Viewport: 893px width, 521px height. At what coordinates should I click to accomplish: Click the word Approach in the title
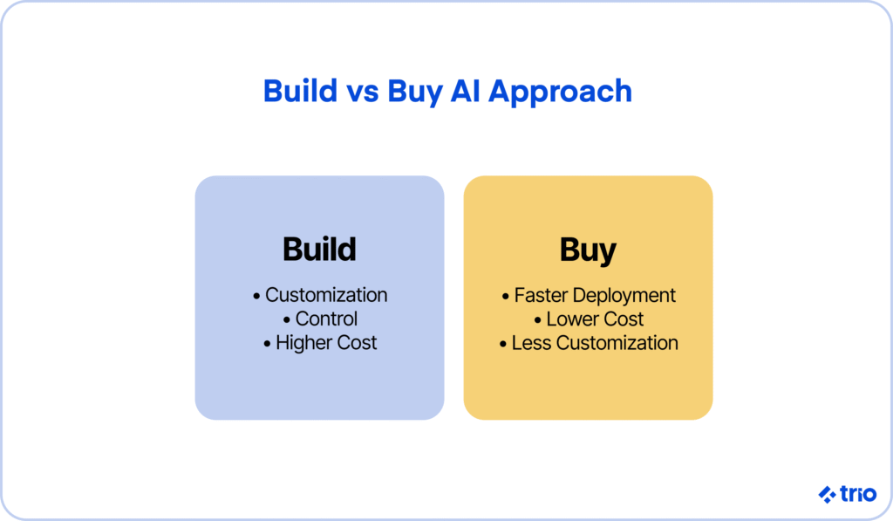click(560, 93)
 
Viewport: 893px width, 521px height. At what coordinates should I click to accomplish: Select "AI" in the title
click(466, 91)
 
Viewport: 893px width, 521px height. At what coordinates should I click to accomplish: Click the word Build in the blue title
click(300, 91)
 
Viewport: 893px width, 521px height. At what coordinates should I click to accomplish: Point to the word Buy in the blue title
click(414, 93)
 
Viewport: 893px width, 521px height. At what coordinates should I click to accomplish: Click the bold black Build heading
click(319, 249)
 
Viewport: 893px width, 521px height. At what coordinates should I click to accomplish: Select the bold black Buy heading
click(588, 250)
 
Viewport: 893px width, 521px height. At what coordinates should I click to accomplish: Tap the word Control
click(326, 319)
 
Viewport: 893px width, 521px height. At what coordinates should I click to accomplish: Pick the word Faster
click(541, 295)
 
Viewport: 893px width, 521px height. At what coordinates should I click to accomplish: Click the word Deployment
click(624, 296)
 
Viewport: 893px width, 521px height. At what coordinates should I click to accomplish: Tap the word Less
click(531, 343)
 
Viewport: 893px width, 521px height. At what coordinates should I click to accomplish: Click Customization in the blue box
click(326, 295)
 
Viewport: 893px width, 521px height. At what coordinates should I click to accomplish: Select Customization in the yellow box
click(617, 343)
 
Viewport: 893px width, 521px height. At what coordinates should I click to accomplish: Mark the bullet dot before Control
click(286, 320)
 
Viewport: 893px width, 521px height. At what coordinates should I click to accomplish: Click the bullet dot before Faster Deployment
click(506, 297)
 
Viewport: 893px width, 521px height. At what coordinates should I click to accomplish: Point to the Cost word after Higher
click(357, 343)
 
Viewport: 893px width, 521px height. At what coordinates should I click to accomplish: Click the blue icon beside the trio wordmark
click(827, 494)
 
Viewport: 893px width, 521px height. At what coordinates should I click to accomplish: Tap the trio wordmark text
click(858, 494)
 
